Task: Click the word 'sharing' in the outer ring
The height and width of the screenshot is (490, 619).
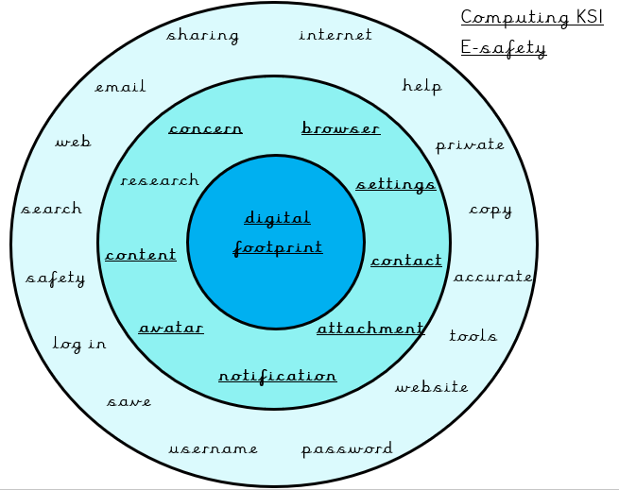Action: point(202,36)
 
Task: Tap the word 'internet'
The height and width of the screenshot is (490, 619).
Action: point(335,34)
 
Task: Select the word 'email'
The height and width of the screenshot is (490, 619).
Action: point(120,87)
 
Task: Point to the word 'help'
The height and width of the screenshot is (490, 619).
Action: point(421,86)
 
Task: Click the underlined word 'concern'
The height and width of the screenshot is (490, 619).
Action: point(206,128)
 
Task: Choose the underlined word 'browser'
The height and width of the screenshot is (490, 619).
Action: point(341,127)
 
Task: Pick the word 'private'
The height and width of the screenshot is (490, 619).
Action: point(470,145)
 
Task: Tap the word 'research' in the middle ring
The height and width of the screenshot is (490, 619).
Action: point(160,180)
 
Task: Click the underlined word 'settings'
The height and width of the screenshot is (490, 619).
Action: point(396,185)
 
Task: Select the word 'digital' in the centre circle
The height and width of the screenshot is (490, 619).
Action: point(277,218)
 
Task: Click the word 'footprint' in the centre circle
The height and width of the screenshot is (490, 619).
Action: point(278,248)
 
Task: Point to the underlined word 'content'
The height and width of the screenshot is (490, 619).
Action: point(141,255)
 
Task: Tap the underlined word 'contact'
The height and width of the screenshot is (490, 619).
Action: point(406,261)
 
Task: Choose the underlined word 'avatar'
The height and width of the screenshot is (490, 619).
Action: point(171,328)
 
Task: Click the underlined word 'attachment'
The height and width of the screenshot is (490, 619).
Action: point(370,329)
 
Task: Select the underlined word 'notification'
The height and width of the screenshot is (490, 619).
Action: point(278,376)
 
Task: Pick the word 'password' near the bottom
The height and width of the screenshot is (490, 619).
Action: point(347,449)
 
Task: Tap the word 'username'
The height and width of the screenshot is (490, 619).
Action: point(214,448)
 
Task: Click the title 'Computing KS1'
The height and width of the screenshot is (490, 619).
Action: point(532,18)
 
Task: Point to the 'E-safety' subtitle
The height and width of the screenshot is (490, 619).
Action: point(504,48)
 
